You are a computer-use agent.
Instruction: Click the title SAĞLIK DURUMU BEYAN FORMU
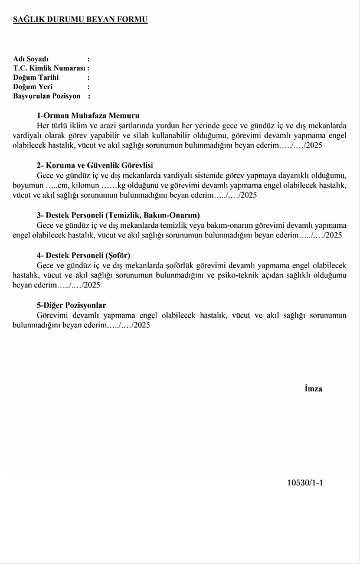click(80, 19)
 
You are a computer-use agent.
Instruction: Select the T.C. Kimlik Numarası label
click(49, 69)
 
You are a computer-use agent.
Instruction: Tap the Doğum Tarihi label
click(36, 77)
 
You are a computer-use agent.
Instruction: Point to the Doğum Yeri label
click(33, 87)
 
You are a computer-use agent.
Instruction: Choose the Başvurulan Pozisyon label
click(47, 96)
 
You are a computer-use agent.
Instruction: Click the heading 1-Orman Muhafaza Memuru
click(88, 116)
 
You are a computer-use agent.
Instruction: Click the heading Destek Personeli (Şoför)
click(91, 256)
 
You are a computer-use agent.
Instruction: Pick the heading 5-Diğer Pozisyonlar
click(71, 305)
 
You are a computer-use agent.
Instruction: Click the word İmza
click(313, 389)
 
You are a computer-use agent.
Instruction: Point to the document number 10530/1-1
click(305, 483)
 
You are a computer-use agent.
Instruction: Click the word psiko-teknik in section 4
click(254, 275)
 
